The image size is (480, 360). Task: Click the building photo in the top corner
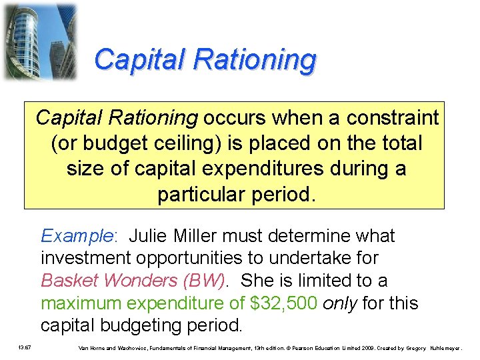pyautogui.click(x=39, y=41)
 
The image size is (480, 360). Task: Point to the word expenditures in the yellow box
pyautogui.click(x=269, y=169)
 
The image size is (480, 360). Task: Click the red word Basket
pyautogui.click(x=71, y=281)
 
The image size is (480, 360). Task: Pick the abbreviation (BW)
pyautogui.click(x=198, y=281)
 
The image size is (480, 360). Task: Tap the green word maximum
pyautogui.click(x=81, y=303)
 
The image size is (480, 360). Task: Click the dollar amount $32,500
pyautogui.click(x=283, y=303)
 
